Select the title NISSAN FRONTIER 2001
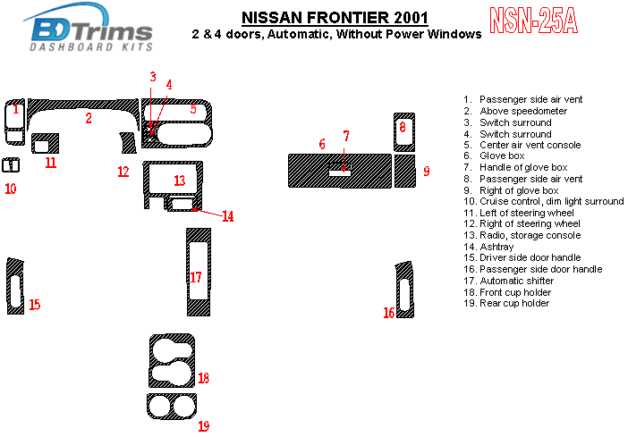pyautogui.click(x=334, y=17)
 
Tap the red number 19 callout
pyautogui.click(x=203, y=425)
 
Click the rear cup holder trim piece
pyautogui.click(x=171, y=407)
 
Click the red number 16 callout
pyautogui.click(x=388, y=312)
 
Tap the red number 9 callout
pyautogui.click(x=427, y=171)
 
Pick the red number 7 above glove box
pyautogui.click(x=345, y=136)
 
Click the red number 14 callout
pyautogui.click(x=227, y=216)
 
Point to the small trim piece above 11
pyautogui.click(x=45, y=143)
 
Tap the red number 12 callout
pyautogui.click(x=123, y=172)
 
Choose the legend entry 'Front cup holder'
pyautogui.click(x=515, y=292)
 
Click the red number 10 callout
pyautogui.click(x=10, y=189)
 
